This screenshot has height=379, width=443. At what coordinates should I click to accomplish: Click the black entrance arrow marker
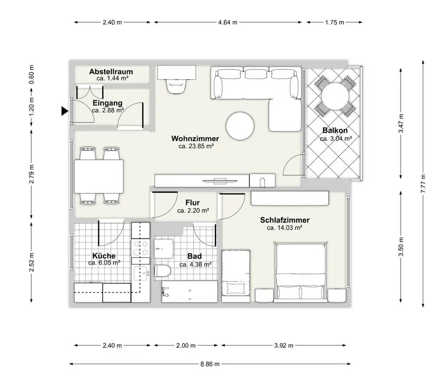(65, 111)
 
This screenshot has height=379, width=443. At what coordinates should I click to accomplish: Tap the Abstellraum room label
(111, 72)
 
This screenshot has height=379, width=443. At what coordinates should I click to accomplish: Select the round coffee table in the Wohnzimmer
(240, 126)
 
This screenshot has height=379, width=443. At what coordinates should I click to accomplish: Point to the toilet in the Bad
(163, 271)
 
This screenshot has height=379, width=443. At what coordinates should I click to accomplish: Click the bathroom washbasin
(163, 249)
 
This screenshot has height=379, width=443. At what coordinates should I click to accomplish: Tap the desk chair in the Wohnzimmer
(176, 86)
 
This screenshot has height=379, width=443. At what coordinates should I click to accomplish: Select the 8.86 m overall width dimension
(210, 364)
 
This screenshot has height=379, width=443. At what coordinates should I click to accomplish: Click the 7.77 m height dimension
(423, 184)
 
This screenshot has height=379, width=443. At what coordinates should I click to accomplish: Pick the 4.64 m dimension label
(228, 22)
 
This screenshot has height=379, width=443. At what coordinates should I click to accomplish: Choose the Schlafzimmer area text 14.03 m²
(284, 228)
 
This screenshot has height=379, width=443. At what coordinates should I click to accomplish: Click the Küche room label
(104, 256)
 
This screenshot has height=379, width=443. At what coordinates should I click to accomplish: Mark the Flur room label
(193, 203)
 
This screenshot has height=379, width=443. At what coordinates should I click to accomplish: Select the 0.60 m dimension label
(31, 74)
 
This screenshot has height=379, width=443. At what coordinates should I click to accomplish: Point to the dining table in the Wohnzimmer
(99, 176)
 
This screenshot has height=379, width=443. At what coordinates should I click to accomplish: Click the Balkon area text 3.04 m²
(336, 139)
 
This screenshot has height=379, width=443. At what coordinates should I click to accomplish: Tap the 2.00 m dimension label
(186, 345)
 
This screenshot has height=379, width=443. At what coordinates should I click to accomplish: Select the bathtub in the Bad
(190, 291)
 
